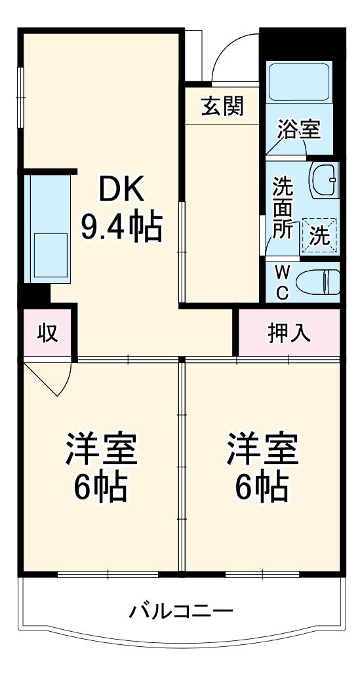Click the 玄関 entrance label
(x=222, y=106)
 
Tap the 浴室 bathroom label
(x=299, y=129)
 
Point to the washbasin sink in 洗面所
(x=323, y=178)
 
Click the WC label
(x=281, y=282)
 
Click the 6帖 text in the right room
(x=262, y=486)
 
